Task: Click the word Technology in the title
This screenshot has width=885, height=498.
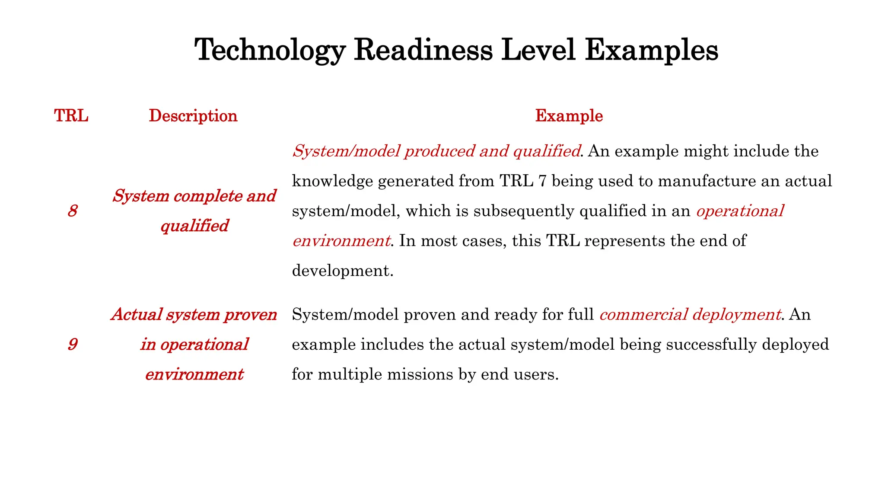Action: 270,51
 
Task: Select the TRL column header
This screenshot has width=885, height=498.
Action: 71,116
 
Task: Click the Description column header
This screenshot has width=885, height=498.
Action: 193,116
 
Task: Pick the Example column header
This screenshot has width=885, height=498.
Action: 569,116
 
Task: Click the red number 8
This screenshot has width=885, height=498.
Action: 73,211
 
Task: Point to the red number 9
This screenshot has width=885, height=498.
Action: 73,345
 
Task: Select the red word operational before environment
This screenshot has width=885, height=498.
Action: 740,211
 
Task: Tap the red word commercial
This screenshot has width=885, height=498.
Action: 643,314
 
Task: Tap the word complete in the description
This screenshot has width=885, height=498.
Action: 207,196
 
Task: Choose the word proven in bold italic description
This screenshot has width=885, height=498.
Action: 250,315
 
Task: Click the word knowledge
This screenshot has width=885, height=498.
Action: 332,181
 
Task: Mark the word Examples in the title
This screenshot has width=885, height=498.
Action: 652,51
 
